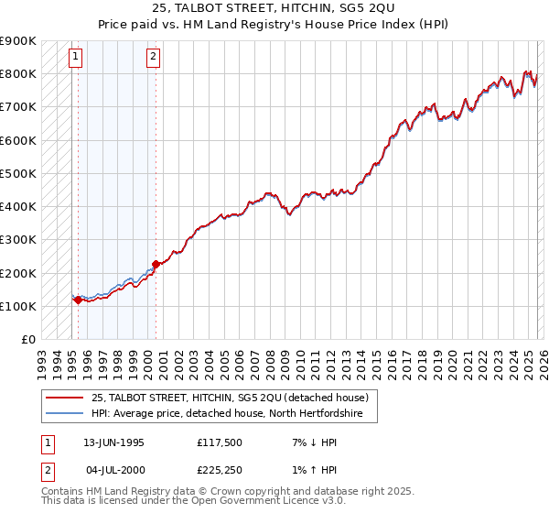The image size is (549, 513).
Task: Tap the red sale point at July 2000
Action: [x=156, y=264]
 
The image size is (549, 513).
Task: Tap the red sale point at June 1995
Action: [x=78, y=300]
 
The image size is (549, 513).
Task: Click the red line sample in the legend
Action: [x=65, y=398]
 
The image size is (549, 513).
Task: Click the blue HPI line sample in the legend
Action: [x=65, y=413]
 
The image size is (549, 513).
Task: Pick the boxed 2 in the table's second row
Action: [x=47, y=471]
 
